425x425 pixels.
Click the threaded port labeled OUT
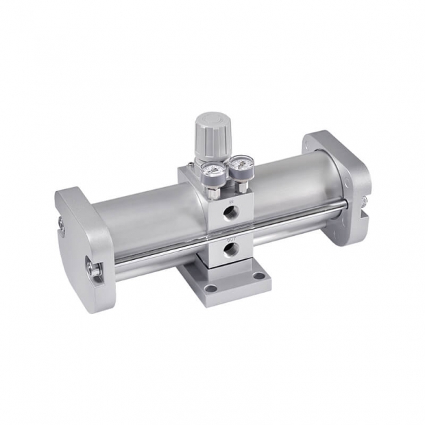[232, 247]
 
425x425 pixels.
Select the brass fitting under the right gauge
[241, 182]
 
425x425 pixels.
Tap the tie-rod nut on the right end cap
[363, 202]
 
